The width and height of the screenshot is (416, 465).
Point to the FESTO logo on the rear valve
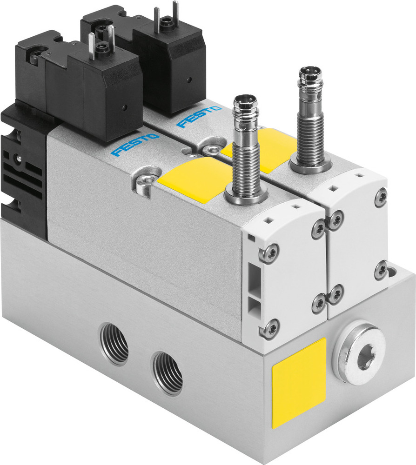[x=199, y=116]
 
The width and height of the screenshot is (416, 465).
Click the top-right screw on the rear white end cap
[x=381, y=197]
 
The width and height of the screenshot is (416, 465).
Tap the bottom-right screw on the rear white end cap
[x=381, y=270]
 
